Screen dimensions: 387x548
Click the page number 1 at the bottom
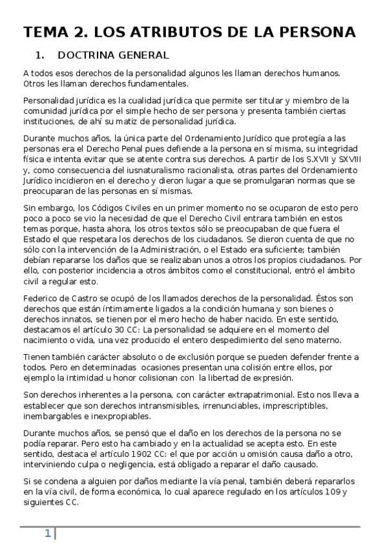[47, 533]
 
